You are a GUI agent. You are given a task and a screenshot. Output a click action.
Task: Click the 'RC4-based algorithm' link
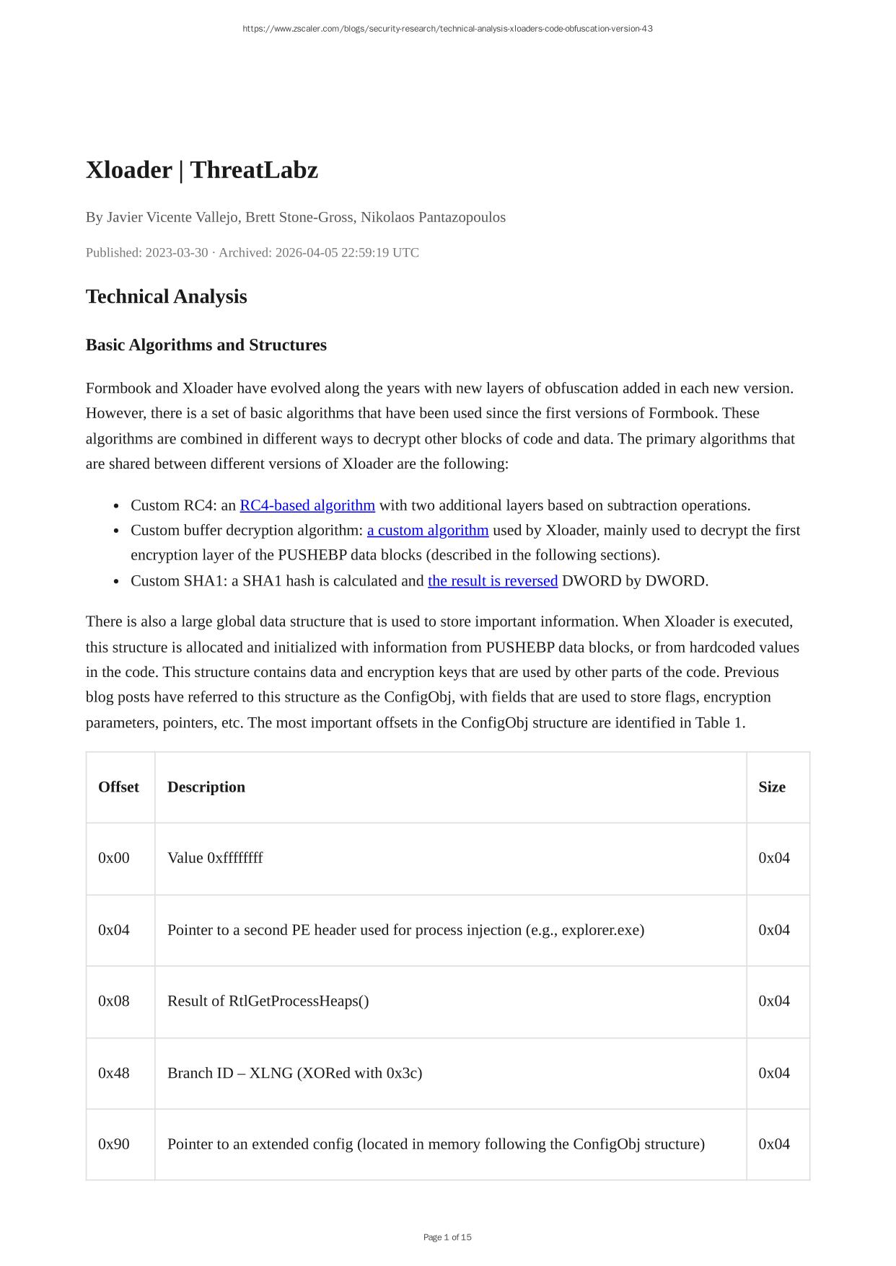(x=307, y=505)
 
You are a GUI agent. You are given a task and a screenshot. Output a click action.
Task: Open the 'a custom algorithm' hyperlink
(x=427, y=531)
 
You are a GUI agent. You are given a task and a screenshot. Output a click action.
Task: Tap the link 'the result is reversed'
(x=492, y=581)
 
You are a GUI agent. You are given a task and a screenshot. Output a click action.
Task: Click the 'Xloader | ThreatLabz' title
(x=201, y=170)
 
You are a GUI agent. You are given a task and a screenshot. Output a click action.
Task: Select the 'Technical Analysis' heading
(x=166, y=296)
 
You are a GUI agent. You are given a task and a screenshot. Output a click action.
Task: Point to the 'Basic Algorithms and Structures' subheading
(x=206, y=345)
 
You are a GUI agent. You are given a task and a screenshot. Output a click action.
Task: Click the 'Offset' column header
(x=118, y=787)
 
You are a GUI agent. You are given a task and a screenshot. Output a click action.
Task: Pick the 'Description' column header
(x=206, y=787)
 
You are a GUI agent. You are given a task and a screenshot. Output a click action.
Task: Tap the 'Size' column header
(x=771, y=787)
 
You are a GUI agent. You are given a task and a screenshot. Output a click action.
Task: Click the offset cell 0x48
(x=114, y=1073)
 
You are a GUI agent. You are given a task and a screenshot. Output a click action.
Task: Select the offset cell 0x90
(x=114, y=1144)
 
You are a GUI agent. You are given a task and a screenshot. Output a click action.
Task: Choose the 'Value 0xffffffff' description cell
(x=215, y=858)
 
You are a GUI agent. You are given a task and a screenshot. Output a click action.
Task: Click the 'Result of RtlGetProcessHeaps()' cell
(x=268, y=1001)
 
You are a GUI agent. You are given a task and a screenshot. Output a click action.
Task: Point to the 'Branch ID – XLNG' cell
(x=294, y=1073)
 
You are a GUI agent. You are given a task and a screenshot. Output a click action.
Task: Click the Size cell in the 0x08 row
(x=773, y=1001)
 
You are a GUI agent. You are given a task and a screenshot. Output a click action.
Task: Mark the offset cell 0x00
(x=114, y=858)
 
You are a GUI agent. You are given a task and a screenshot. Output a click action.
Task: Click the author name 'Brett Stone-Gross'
(x=299, y=217)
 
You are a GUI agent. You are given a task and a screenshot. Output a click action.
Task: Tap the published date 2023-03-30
(x=176, y=253)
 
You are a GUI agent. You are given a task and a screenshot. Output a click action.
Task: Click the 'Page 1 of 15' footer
(x=447, y=1237)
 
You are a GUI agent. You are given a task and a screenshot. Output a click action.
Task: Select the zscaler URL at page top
(x=447, y=29)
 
